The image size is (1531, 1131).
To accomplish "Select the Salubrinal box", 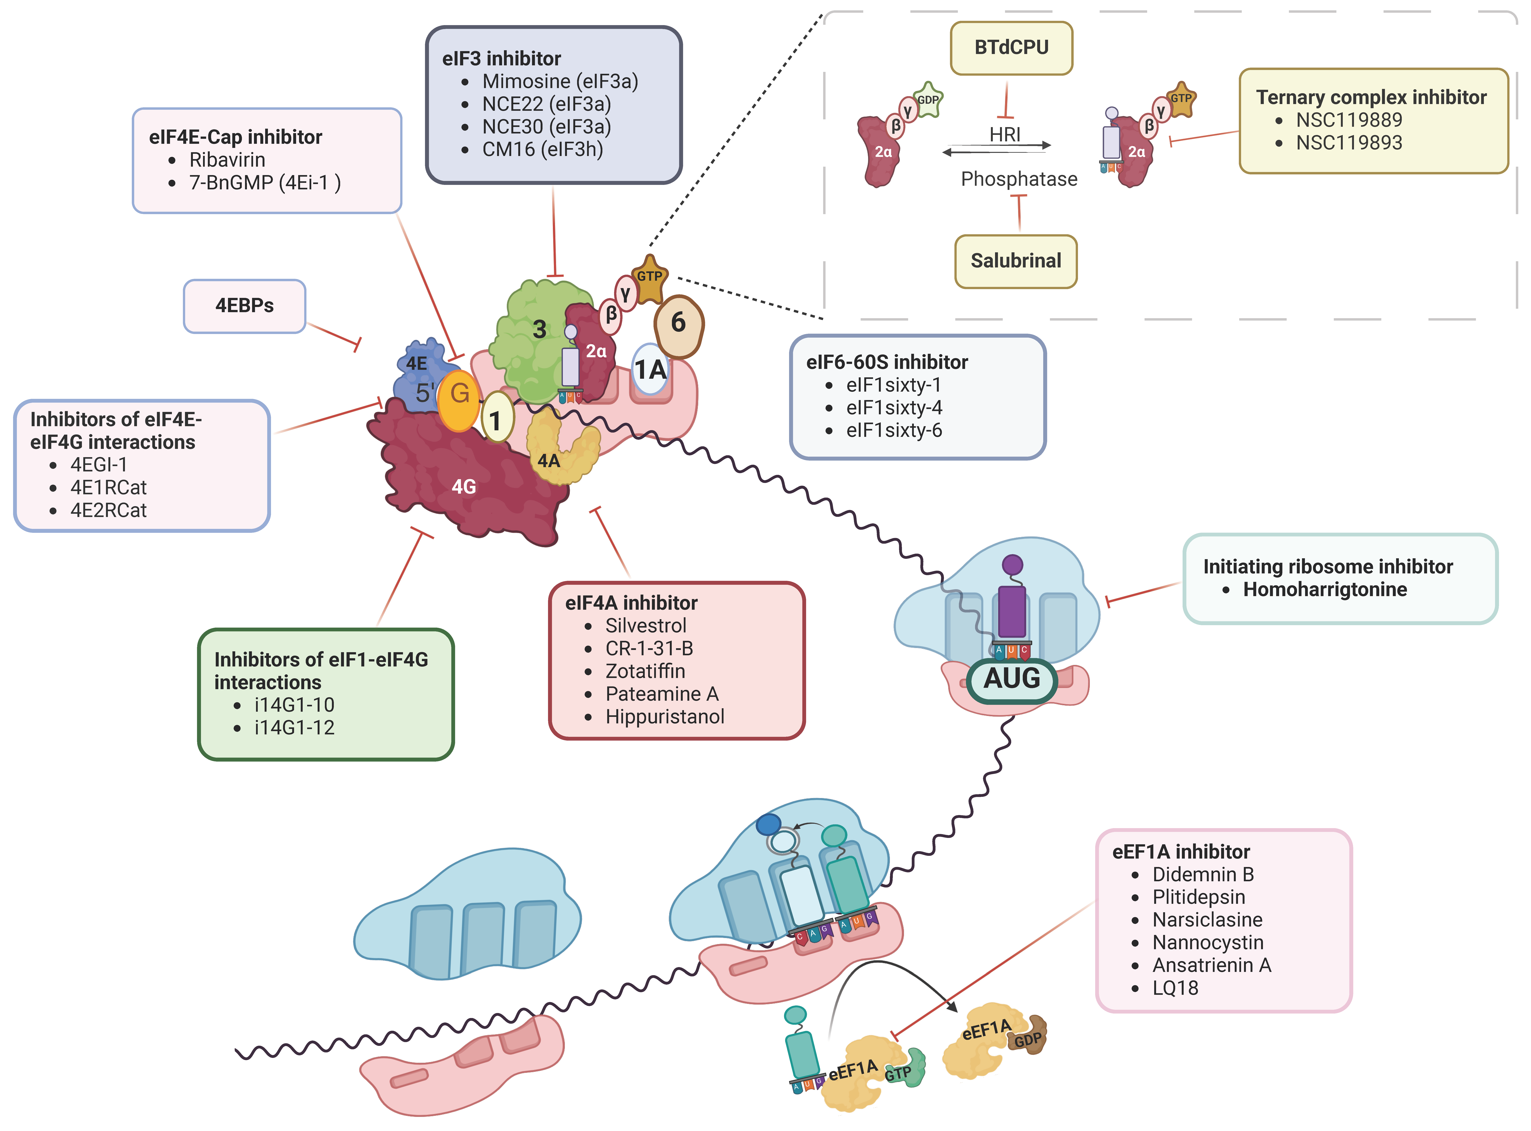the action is pos(1016,261).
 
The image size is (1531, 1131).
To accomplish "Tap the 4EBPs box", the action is pos(244,306).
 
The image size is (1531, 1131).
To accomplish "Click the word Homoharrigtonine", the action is pos(1325,589).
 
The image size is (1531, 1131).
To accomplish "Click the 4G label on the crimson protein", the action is pos(464,487).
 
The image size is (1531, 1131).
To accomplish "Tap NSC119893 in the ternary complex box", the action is pos(1349,142).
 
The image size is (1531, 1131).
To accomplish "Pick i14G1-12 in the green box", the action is pos(294,728).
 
